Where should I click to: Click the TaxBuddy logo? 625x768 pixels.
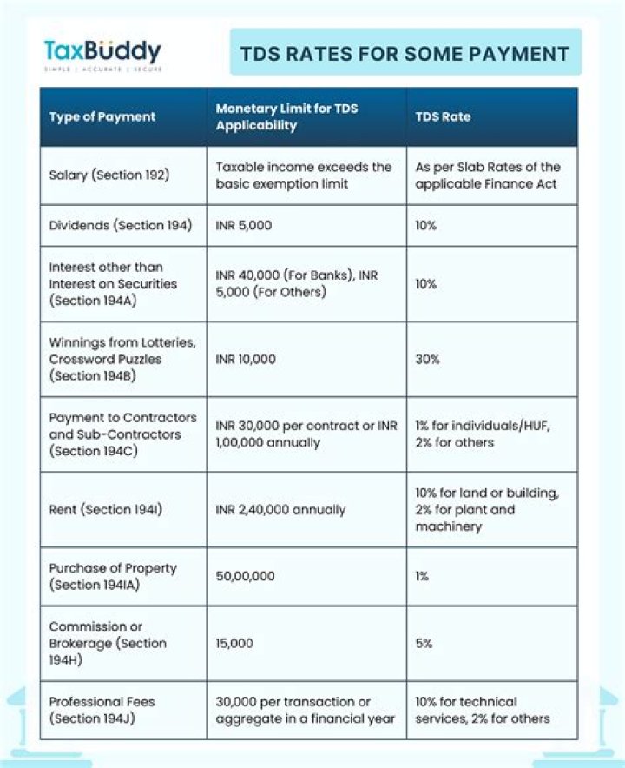coord(102,53)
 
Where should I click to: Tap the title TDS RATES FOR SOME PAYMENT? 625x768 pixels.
coord(405,53)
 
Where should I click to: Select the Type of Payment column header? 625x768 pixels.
coord(102,116)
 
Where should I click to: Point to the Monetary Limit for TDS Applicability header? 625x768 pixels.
coord(286,116)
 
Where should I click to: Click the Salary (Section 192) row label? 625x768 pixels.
coord(109,175)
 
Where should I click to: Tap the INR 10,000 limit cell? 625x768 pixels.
coord(244,359)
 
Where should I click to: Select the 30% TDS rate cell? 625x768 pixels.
coord(426,359)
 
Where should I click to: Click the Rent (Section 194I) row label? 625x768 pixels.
coord(105,510)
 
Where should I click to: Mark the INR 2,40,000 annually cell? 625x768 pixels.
coord(280,510)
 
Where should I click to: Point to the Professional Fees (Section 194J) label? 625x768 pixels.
coord(101,710)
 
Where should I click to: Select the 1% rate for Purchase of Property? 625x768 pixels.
coord(422,576)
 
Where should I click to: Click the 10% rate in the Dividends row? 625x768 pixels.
coord(425,225)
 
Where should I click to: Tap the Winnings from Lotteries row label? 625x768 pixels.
coord(110,359)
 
